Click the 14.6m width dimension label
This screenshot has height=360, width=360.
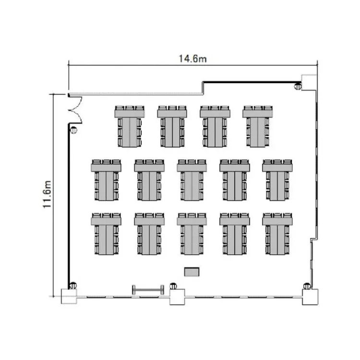click(x=192, y=59)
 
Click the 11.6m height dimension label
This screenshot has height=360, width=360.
click(x=47, y=194)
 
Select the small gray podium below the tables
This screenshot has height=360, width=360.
click(x=192, y=272)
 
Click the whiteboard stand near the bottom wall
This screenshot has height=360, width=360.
click(x=148, y=290)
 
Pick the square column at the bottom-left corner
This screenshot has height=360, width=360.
click(x=69, y=297)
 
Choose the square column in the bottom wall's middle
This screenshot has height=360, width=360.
click(x=177, y=297)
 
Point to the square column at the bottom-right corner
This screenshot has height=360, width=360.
click(x=310, y=297)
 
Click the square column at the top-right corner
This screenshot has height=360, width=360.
click(x=309, y=83)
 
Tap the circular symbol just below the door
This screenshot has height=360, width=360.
click(x=74, y=130)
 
